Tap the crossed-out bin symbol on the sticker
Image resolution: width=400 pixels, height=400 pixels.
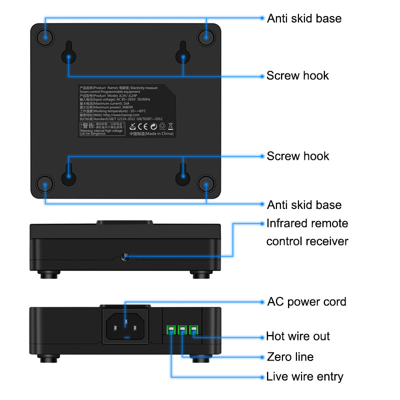click(170, 125)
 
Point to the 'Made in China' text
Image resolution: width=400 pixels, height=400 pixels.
click(151, 134)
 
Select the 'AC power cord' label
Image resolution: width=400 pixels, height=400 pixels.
click(306, 301)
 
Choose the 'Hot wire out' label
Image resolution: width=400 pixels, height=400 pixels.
click(298, 336)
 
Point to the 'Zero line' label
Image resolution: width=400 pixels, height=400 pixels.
click(290, 357)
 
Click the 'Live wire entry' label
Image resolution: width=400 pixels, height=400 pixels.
click(304, 376)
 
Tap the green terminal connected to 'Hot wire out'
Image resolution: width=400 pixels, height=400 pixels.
click(193, 329)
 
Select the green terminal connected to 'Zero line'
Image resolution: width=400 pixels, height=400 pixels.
click(182, 329)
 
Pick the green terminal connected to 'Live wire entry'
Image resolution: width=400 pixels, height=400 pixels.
click(171, 329)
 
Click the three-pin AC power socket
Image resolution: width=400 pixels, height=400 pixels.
click(125, 326)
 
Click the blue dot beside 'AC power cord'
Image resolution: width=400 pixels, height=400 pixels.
click(261, 301)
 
